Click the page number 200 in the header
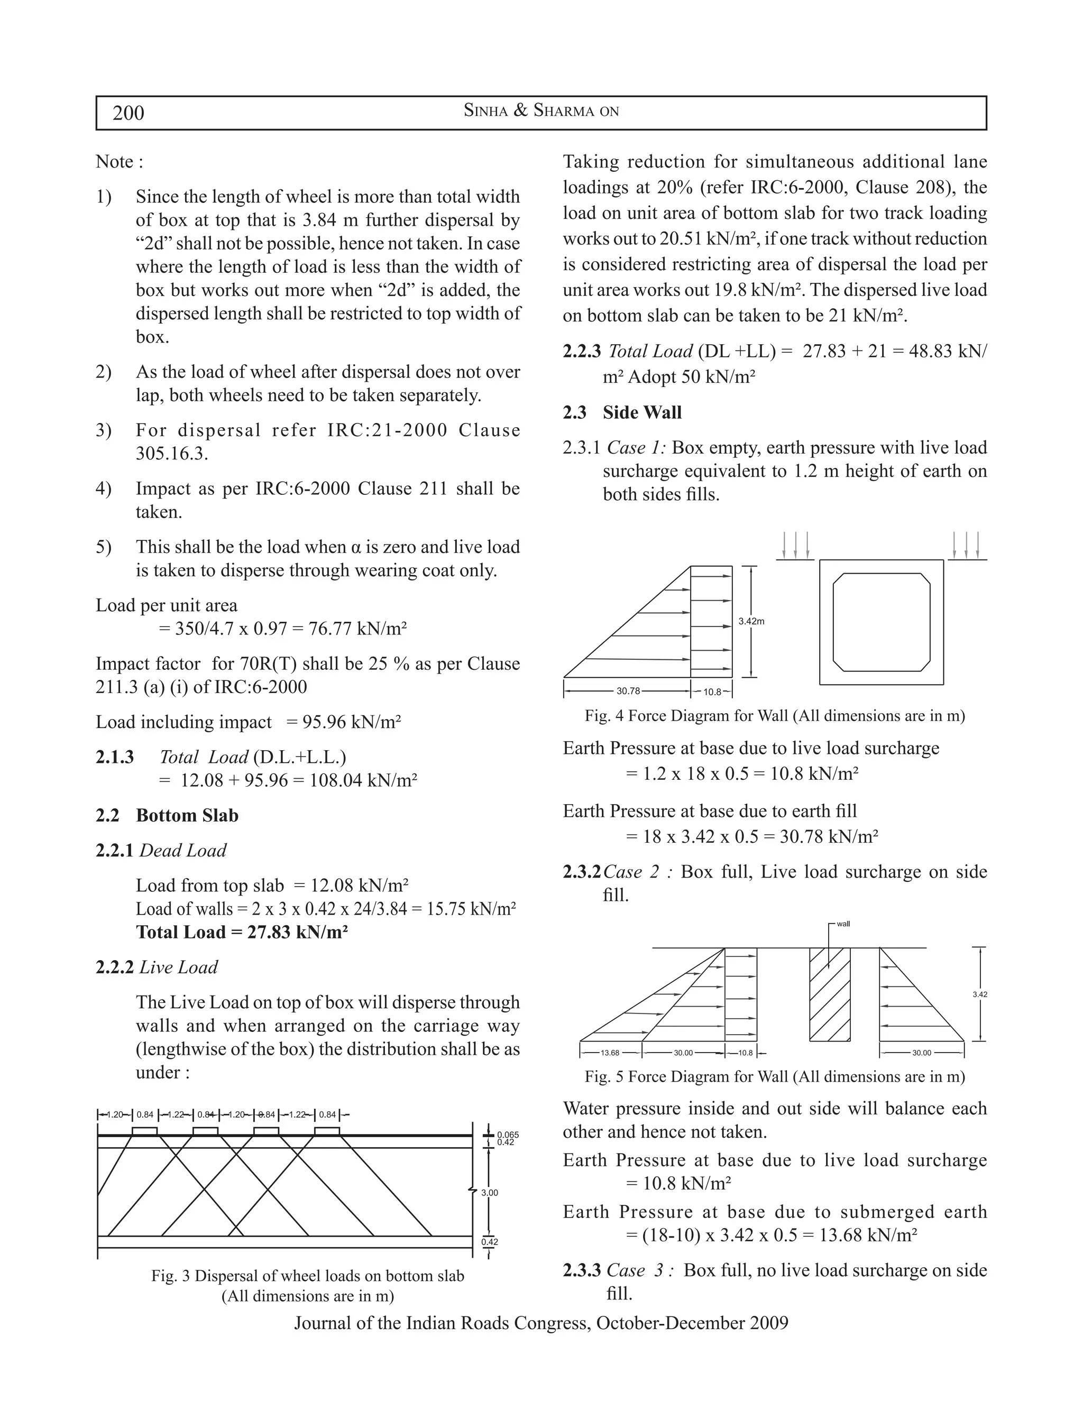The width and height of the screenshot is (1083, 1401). (x=129, y=113)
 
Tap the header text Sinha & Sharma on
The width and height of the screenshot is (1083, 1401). (x=541, y=111)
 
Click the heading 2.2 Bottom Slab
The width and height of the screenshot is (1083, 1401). (x=167, y=815)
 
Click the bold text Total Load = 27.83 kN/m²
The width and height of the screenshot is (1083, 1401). (x=241, y=932)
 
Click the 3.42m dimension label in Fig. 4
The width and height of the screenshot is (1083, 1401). (x=751, y=621)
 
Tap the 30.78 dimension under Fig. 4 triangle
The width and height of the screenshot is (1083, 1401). (x=628, y=692)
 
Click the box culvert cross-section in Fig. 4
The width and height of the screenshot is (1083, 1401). (x=881, y=622)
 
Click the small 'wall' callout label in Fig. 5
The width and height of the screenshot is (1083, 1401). (x=843, y=924)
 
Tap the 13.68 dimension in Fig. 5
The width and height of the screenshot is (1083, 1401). (x=610, y=1053)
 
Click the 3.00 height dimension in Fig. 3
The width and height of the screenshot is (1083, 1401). (x=490, y=1193)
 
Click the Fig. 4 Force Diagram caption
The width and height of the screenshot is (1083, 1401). (x=774, y=716)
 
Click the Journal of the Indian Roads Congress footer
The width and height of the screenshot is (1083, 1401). (x=541, y=1323)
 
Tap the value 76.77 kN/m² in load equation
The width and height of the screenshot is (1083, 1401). (x=357, y=629)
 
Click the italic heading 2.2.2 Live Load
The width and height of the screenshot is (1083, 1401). (x=157, y=967)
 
